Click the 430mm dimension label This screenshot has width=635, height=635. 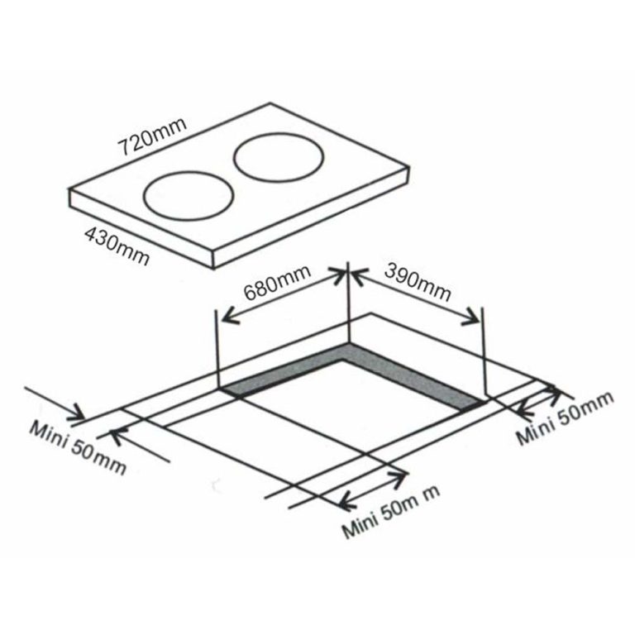[117, 246]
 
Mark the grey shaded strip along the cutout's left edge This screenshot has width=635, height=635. [281, 376]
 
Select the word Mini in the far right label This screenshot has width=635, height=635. [534, 430]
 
